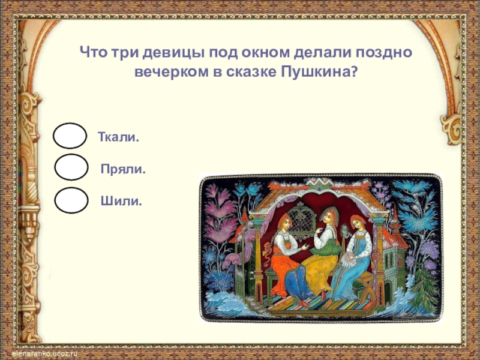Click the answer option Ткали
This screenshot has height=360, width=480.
[118, 137]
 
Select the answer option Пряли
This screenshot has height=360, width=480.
[123, 169]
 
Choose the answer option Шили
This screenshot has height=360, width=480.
[121, 201]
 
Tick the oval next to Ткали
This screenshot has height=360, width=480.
[70, 136]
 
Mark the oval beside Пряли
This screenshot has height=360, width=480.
[71, 167]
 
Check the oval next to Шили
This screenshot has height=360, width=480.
[71, 200]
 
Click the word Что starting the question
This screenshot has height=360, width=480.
[94, 53]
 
